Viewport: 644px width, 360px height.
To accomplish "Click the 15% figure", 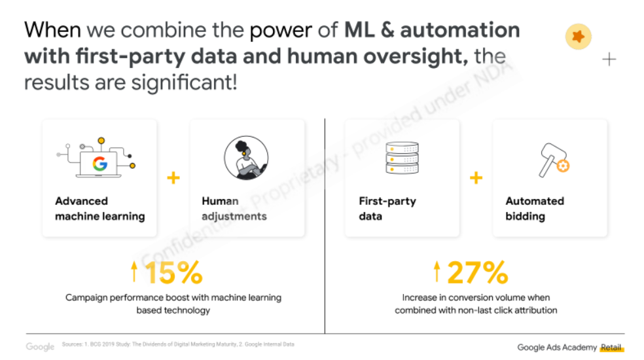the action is (173, 272).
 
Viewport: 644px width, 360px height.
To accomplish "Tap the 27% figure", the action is (478, 272).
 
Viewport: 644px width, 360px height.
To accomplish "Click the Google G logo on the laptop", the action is (99, 164).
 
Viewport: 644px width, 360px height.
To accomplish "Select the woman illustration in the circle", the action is (247, 158).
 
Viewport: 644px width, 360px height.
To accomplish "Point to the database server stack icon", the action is (402, 158).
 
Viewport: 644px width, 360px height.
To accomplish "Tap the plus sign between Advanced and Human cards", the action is (173, 178).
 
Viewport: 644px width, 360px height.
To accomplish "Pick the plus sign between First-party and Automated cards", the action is (476, 178).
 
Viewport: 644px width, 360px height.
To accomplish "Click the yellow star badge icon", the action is (579, 37).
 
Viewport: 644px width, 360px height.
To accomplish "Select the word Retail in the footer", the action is (611, 348).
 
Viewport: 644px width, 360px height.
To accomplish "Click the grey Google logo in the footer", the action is (40, 346).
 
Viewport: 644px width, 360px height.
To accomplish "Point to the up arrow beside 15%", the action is (134, 271).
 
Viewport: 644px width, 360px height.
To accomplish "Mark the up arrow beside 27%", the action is (437, 271).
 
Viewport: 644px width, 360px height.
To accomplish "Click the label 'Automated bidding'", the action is (535, 208).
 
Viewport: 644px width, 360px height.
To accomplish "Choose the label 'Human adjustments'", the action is (234, 208).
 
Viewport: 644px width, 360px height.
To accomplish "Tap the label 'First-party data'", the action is (387, 208).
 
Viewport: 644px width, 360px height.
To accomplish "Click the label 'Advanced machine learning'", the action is (100, 208).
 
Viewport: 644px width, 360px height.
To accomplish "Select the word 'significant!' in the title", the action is (185, 83).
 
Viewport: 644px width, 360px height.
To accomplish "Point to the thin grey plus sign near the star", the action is (609, 60).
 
